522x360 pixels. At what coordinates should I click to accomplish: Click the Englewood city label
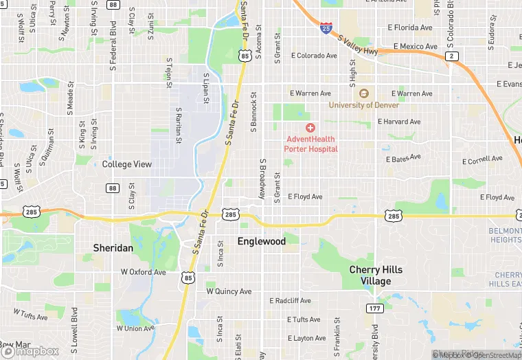[x=261, y=241]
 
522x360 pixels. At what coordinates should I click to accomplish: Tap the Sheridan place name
[x=113, y=247]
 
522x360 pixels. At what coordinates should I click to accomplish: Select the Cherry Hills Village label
[x=376, y=275]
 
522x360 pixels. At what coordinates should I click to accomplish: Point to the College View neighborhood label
[x=126, y=164]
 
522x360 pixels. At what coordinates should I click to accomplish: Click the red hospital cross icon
[x=310, y=128]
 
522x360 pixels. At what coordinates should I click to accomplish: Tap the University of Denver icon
[x=364, y=93]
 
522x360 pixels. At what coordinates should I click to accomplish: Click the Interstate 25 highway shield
[x=326, y=28]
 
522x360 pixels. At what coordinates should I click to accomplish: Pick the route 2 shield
[x=451, y=56]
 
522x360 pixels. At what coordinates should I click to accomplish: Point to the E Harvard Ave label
[x=398, y=122]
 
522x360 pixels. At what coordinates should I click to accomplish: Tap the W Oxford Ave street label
[x=144, y=272]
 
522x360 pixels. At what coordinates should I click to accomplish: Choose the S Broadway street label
[x=262, y=179]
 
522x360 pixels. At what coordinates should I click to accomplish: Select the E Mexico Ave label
[x=413, y=47]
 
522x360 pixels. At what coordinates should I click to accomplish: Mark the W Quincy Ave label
[x=229, y=291]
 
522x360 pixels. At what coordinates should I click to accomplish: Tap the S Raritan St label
[x=178, y=124]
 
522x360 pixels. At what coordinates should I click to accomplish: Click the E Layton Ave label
[x=306, y=338]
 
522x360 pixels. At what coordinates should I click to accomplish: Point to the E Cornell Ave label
[x=483, y=159]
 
